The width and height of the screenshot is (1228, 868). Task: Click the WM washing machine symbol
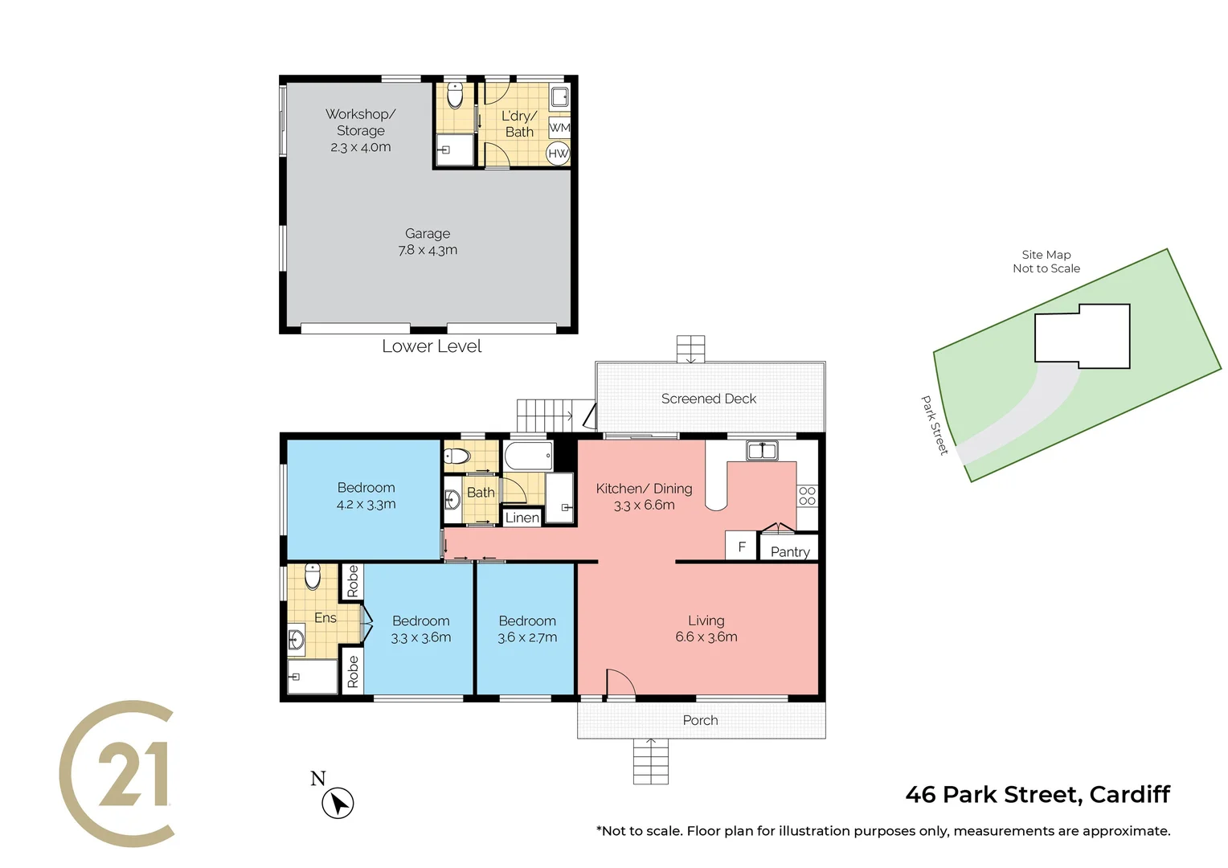(x=559, y=128)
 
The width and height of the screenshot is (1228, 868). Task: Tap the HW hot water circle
(x=558, y=153)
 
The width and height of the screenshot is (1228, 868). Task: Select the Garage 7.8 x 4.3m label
(x=428, y=242)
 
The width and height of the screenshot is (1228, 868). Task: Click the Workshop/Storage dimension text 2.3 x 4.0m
(x=360, y=147)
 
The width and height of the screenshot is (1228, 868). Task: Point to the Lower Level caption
(x=432, y=346)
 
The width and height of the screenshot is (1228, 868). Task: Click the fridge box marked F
(x=741, y=547)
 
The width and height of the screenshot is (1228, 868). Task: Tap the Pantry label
(x=789, y=551)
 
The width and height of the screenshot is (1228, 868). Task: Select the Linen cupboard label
(x=522, y=518)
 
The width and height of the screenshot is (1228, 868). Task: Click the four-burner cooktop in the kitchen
(x=807, y=496)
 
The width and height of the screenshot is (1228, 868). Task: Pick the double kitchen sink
(x=761, y=450)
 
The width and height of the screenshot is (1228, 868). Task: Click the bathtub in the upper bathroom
(x=528, y=456)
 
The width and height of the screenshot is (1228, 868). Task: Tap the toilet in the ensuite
(x=313, y=576)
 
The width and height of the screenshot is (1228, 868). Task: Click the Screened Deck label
(x=708, y=399)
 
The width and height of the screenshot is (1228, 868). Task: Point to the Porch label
(x=700, y=720)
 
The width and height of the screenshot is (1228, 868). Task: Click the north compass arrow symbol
(x=338, y=803)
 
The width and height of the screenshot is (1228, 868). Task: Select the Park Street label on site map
(x=934, y=425)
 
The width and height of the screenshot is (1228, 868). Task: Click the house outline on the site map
(x=1082, y=336)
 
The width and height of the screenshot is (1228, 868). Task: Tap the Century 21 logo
(x=117, y=773)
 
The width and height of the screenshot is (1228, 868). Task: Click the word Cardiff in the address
(x=1129, y=795)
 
